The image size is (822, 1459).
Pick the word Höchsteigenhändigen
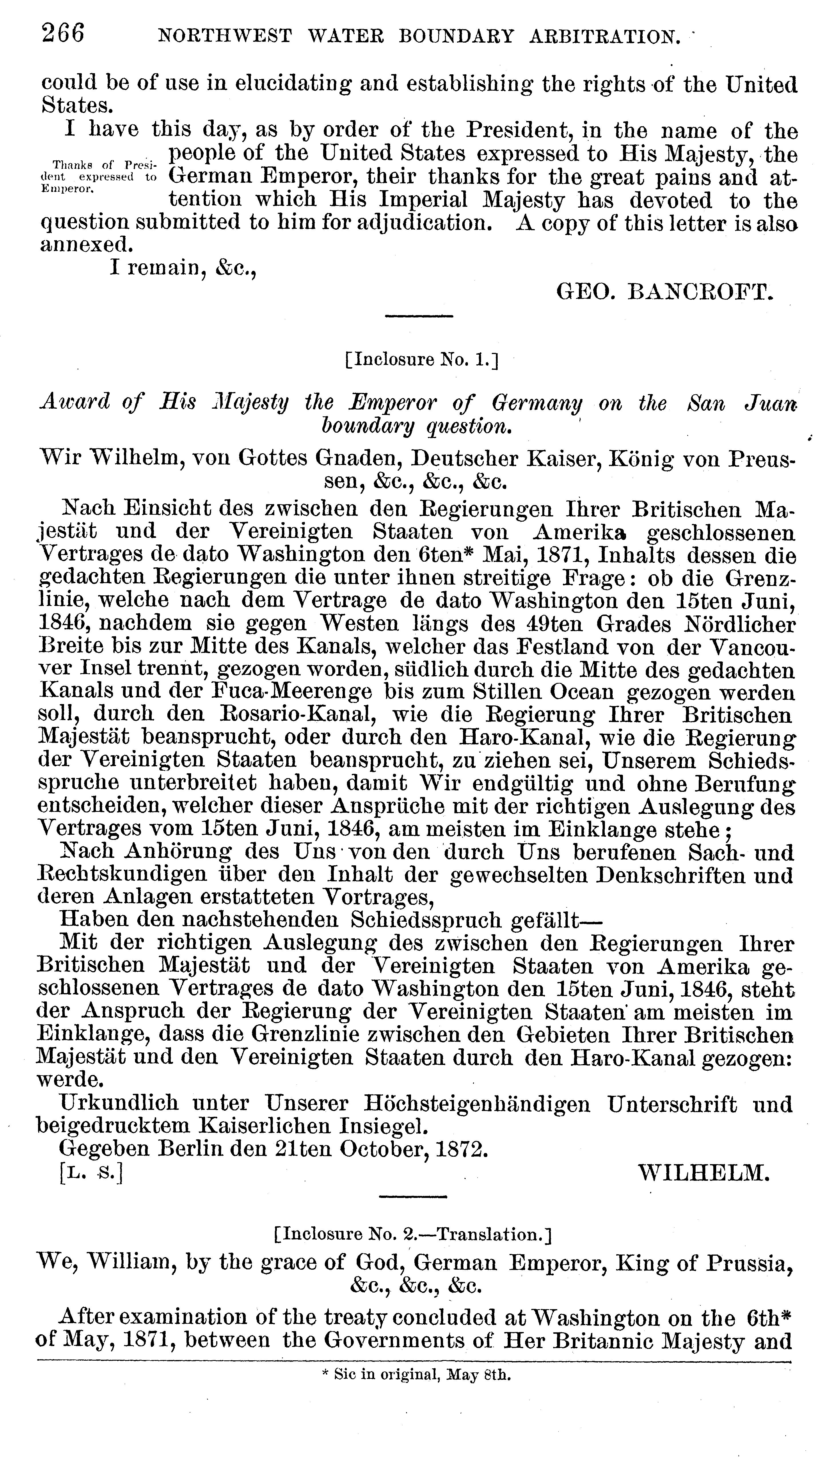(476, 1104)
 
